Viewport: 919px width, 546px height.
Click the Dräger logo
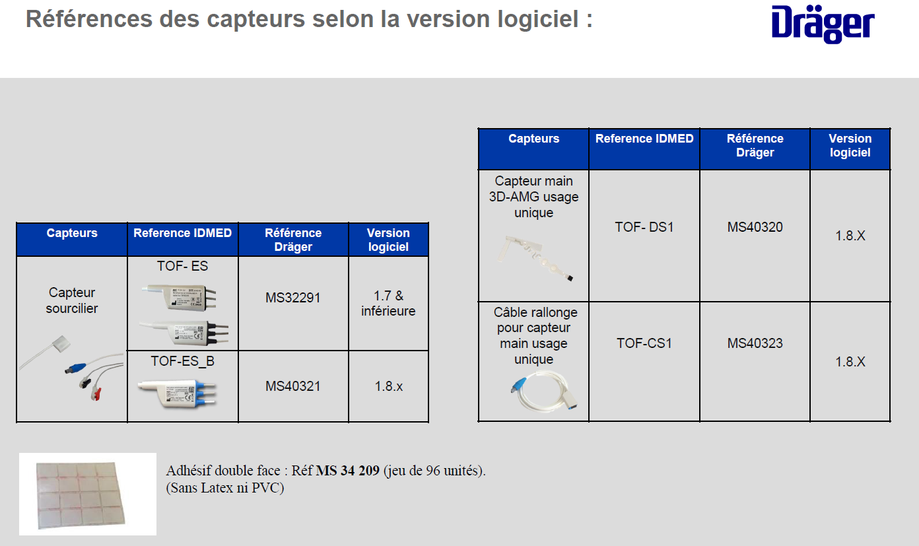823,24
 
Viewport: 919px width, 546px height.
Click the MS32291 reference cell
293,297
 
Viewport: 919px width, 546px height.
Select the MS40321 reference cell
293,386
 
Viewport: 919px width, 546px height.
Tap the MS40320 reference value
755,227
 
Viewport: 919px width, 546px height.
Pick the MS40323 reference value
755,343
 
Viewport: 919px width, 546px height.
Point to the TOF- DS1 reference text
644,227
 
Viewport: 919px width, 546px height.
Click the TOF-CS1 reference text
644,343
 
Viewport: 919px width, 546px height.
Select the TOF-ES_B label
183,361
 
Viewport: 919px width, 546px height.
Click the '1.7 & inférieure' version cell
388,303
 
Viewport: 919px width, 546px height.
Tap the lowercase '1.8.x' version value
388,386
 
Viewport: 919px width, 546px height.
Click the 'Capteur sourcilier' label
72,300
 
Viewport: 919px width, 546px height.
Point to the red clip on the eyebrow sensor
96,393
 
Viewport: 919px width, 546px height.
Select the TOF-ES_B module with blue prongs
177,393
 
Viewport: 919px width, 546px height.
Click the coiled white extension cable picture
544,391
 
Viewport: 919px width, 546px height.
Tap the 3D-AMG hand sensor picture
535,257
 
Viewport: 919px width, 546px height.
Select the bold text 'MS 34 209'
347,471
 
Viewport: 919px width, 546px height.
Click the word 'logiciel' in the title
538,19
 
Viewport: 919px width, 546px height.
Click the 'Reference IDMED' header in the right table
644,139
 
